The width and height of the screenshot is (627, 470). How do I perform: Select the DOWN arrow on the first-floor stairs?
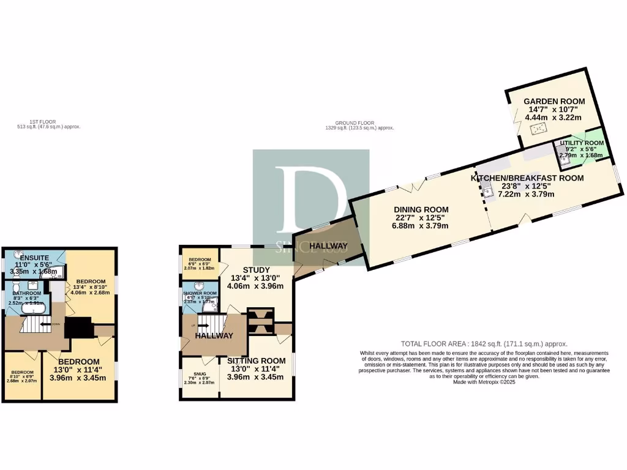[x=47, y=324]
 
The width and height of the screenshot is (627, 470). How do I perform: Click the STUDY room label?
[x=256, y=269]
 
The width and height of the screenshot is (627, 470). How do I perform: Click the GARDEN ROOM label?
[x=554, y=101]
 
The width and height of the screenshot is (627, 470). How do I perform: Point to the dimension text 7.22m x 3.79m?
[x=526, y=194]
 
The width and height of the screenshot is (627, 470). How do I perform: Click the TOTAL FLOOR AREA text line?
[x=484, y=343]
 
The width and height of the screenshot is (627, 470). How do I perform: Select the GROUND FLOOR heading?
[x=359, y=123]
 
